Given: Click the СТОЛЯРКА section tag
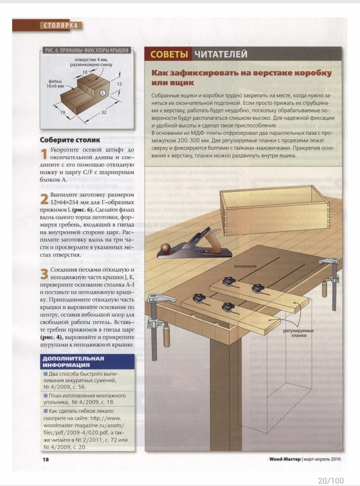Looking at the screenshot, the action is point(61,25).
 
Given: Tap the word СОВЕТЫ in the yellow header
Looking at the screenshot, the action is point(169,54).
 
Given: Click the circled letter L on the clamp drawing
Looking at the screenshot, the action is point(102,93).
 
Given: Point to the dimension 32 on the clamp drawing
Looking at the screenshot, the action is point(103,112).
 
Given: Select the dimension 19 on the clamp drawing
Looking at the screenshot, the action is point(62,112).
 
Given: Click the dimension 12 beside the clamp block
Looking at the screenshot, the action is point(119,84).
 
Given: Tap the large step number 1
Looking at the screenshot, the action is point(44,154).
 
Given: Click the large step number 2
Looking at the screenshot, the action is point(44,199).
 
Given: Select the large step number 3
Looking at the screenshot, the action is point(44,274).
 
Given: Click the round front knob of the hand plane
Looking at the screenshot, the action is point(165,247).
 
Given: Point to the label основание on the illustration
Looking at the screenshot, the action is point(245,266).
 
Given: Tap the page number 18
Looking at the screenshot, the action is point(45,460).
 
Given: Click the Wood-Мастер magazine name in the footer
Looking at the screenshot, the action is point(284,459).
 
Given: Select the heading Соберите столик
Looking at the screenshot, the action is point(70,140).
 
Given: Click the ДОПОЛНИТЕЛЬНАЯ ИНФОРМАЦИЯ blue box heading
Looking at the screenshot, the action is point(73,362).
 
